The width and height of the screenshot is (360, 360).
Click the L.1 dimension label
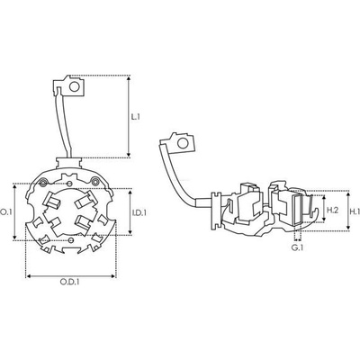click(136, 117)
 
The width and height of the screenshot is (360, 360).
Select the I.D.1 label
click(139, 212)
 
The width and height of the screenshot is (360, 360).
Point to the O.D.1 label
click(70, 282)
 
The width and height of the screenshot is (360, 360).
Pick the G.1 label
click(298, 247)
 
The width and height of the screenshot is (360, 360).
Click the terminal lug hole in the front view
click(74, 86)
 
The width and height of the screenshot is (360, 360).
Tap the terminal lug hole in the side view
click(182, 143)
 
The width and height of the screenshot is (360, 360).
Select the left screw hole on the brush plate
click(43, 182)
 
